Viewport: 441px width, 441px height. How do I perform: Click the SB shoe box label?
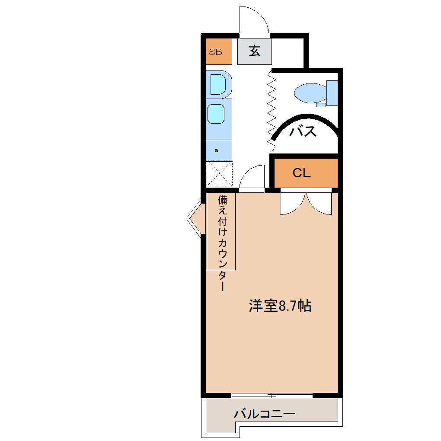click(x=215, y=52)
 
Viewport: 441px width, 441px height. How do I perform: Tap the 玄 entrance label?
click(x=254, y=51)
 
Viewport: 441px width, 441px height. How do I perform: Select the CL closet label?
click(x=302, y=173)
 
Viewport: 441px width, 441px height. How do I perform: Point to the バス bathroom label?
click(x=303, y=131)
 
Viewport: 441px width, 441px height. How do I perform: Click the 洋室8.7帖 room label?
click(x=280, y=306)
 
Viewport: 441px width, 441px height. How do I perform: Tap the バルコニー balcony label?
click(x=265, y=414)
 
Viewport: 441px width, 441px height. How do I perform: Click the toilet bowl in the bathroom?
click(x=310, y=92)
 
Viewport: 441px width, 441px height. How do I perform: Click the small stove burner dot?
click(x=217, y=150)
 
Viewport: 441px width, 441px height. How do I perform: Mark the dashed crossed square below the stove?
click(x=219, y=173)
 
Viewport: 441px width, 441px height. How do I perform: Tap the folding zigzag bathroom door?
click(x=272, y=108)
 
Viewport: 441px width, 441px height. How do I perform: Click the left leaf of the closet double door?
click(x=293, y=203)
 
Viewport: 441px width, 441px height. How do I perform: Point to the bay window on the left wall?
click(x=195, y=218)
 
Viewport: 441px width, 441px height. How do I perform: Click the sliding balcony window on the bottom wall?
click(x=272, y=395)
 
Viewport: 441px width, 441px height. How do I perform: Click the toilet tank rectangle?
click(x=332, y=93)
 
